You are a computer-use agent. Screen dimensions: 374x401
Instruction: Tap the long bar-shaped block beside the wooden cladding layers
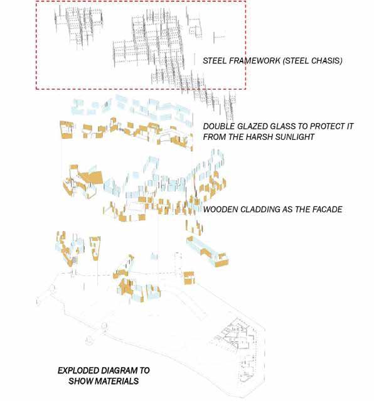[208, 251]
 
